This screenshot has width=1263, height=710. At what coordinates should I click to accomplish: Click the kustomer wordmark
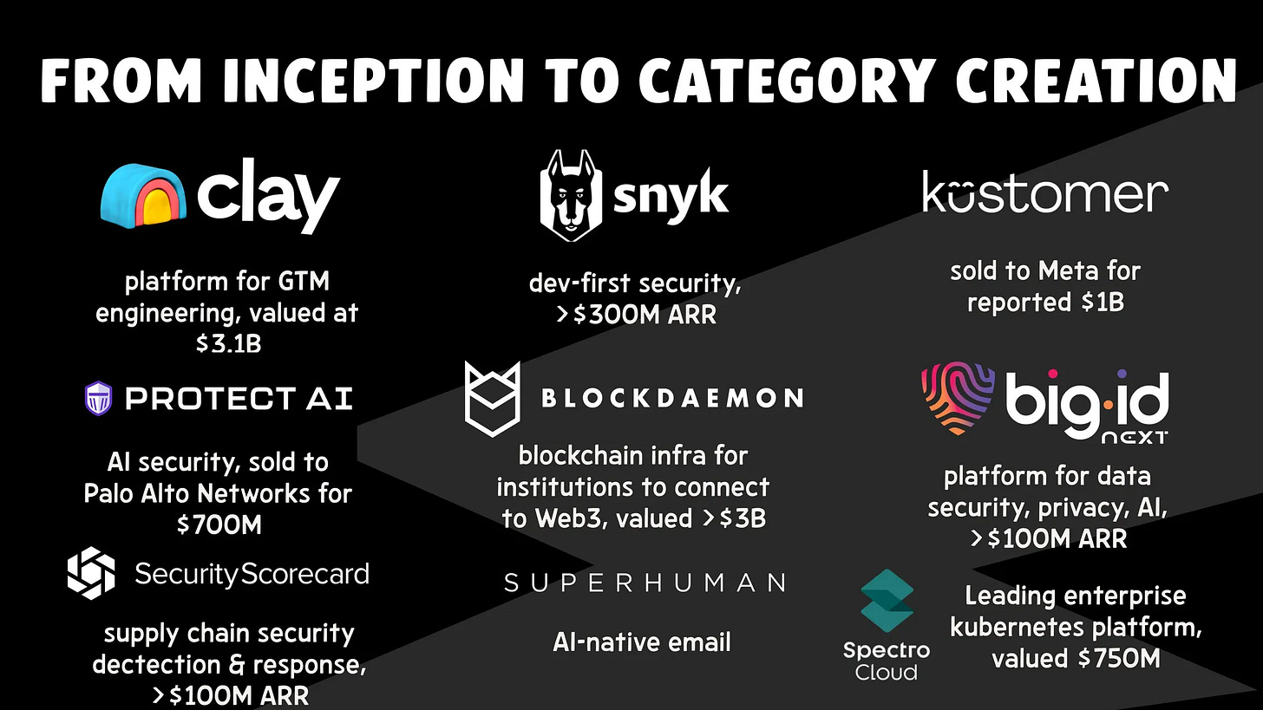click(1044, 194)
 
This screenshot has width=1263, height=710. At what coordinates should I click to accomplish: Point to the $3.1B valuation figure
click(228, 344)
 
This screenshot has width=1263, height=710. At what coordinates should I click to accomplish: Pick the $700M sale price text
click(219, 524)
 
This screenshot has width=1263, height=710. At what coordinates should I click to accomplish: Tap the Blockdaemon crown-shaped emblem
click(492, 398)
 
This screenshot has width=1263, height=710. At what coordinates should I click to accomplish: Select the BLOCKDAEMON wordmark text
click(671, 399)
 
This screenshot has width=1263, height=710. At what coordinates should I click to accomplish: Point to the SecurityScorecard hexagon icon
click(91, 573)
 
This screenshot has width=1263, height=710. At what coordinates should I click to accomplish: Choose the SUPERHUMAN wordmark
click(645, 583)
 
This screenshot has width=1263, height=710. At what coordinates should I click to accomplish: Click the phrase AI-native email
click(642, 642)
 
